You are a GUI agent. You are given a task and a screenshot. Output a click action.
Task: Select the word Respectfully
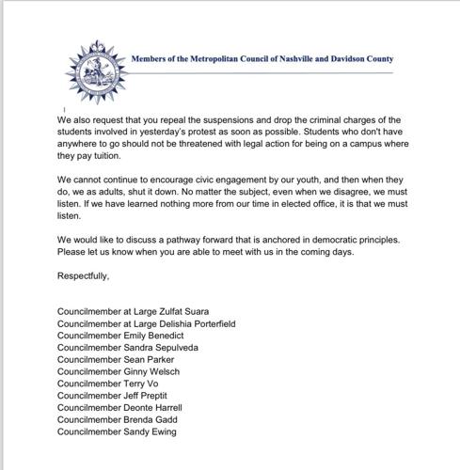pyautogui.click(x=84, y=276)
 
